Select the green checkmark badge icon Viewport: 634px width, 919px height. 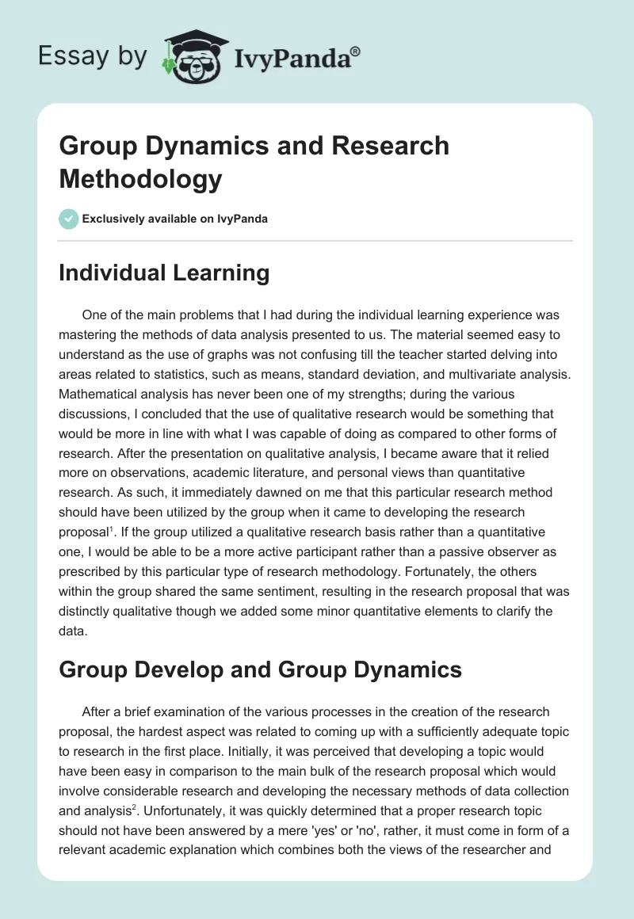pos(69,219)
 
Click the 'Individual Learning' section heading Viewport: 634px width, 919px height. pos(164,273)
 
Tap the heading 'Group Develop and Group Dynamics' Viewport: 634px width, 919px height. pos(260,669)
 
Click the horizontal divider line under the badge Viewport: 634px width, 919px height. pos(316,241)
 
